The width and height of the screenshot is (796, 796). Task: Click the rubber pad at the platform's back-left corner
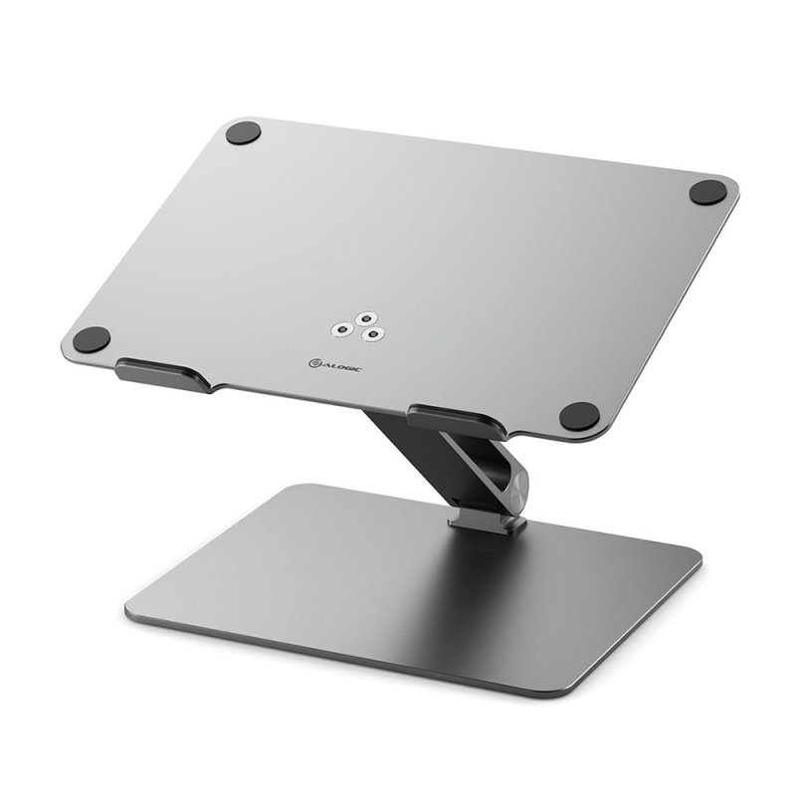[x=243, y=132]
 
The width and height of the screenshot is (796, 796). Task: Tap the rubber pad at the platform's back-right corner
[x=708, y=192]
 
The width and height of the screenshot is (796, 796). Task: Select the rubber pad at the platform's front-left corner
[x=92, y=339]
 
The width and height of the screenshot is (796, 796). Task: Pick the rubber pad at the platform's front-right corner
[x=579, y=415]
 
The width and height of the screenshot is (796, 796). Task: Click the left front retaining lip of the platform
[x=163, y=375]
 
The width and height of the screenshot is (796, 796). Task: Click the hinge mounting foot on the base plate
[x=488, y=520]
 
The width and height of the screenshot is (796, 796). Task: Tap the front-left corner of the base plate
[x=133, y=608]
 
